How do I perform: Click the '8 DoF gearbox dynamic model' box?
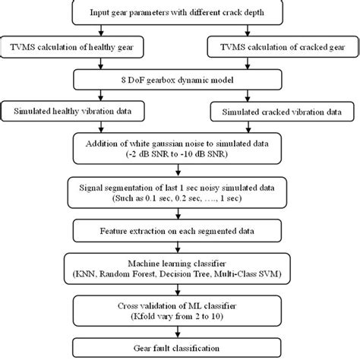tap(180, 79)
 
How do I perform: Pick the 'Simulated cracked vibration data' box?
tap(280, 111)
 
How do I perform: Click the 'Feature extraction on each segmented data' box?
tap(180, 229)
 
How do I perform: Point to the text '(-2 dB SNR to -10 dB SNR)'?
tap(180, 153)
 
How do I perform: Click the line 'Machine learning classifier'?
tap(180, 260)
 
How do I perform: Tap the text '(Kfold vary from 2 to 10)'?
tap(180, 314)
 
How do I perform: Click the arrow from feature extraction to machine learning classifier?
tap(180, 245)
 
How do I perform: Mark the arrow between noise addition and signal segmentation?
tap(180, 169)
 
